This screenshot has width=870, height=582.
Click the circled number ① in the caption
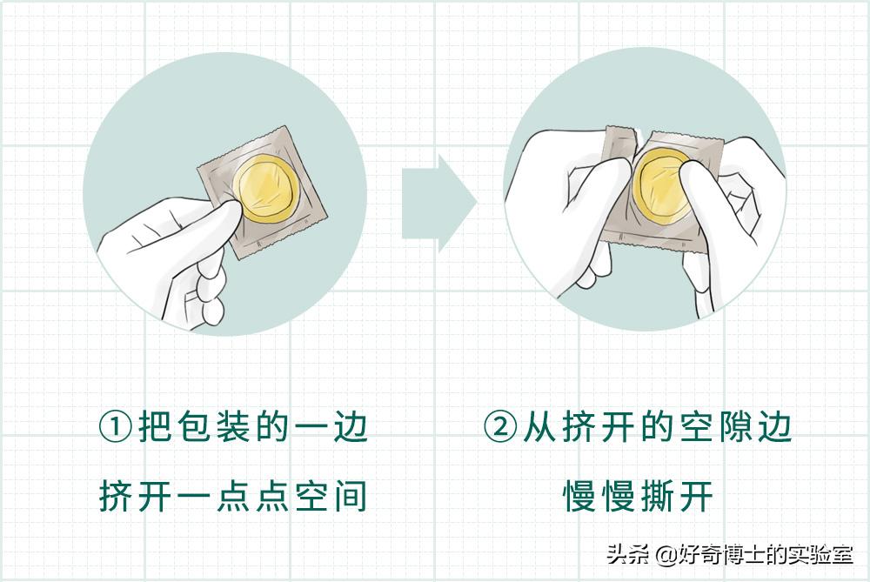click(x=115, y=429)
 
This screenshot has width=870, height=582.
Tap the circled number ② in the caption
click(x=500, y=429)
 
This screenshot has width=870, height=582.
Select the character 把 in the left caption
click(x=157, y=429)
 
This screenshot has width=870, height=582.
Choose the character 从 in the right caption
click(x=541, y=429)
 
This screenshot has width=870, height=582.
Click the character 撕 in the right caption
click(x=654, y=497)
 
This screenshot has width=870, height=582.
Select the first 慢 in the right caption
click(x=579, y=497)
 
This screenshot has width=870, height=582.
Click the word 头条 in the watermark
click(x=626, y=553)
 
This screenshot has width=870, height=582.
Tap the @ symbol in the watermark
click(x=666, y=554)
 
